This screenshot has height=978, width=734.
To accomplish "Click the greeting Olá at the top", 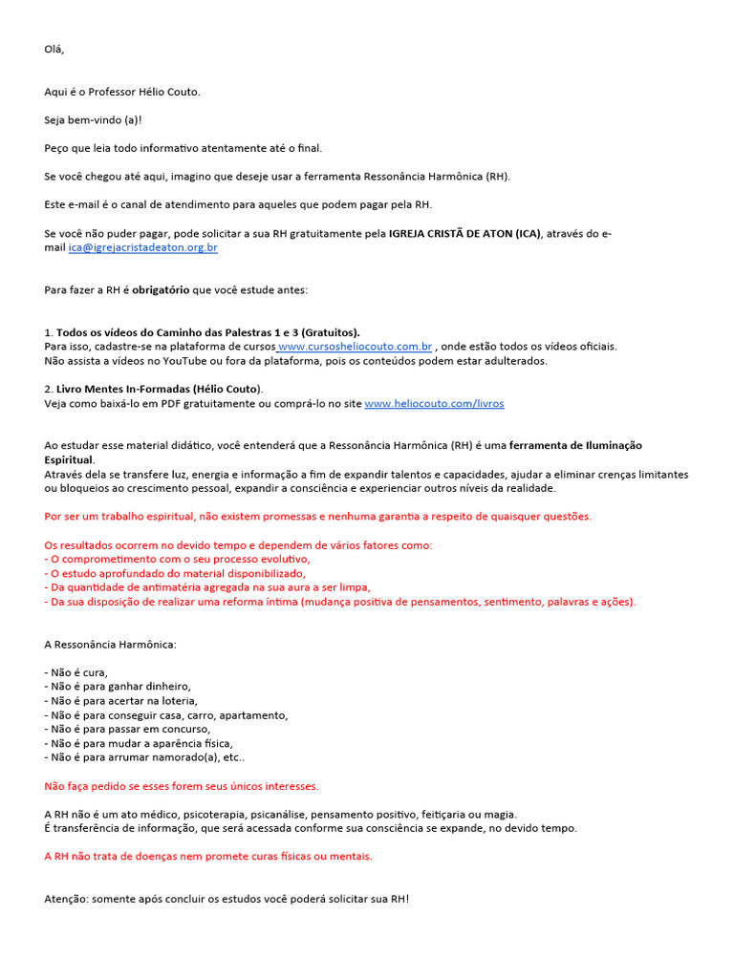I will point(54,49).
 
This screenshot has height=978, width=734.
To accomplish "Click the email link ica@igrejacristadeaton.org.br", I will point(143,247).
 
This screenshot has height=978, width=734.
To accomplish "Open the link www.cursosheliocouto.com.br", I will point(356,346).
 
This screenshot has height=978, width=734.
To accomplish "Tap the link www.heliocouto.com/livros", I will point(434,403).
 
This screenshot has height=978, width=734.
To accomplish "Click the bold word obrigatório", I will point(161,289).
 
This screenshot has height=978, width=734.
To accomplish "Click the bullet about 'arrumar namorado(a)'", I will point(144,756).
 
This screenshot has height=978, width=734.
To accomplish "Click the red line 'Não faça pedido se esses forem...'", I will point(182,786).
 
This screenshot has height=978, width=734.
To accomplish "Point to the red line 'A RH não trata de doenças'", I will point(208,856).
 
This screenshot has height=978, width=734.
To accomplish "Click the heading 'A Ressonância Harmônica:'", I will point(110,644).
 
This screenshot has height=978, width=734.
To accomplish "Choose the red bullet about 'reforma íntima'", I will point(339,602).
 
